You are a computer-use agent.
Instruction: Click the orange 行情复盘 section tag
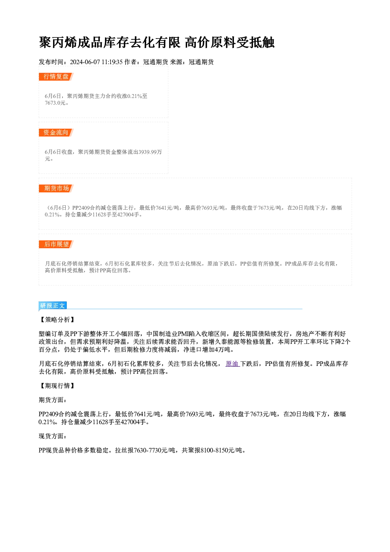tap(56, 77)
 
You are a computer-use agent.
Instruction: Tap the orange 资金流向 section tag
tap(56, 133)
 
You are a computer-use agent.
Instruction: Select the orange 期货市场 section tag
tap(56, 188)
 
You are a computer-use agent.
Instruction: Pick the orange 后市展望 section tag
tap(56, 244)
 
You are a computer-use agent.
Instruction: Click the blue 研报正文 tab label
tap(53, 306)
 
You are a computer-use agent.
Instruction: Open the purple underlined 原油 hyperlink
tap(233, 364)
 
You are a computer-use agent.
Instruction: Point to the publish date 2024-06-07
tap(85, 62)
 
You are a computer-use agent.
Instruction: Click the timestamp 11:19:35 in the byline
tap(112, 62)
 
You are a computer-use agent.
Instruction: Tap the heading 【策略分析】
tap(57, 320)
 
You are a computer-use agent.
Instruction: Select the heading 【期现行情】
tap(57, 386)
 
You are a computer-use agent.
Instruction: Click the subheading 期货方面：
tap(53, 400)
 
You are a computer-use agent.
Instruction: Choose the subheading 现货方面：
tap(53, 436)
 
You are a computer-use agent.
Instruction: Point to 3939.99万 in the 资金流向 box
tap(150, 152)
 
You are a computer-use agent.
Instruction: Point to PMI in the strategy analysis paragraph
tap(183, 334)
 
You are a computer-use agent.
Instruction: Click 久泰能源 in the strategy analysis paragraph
tap(228, 342)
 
